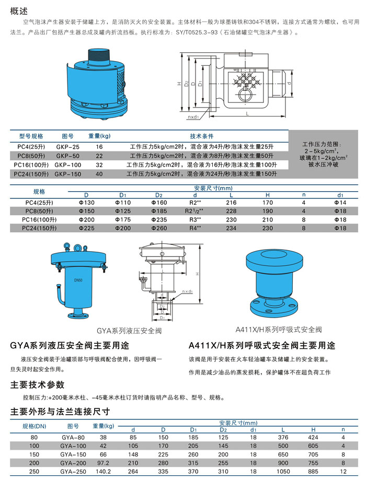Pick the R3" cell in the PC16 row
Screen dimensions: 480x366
point(195,220)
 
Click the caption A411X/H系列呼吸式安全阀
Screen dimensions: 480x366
point(278,330)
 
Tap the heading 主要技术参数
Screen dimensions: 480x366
point(37,385)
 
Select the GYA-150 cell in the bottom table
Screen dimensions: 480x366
point(73,454)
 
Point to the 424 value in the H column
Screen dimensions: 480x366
point(313,437)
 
